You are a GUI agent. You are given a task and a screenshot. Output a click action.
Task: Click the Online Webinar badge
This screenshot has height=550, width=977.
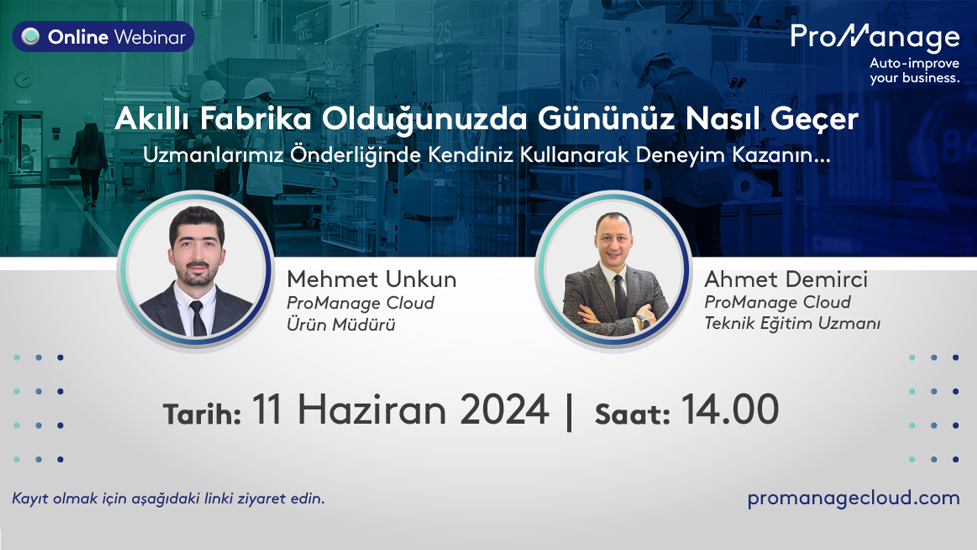pos(103,37)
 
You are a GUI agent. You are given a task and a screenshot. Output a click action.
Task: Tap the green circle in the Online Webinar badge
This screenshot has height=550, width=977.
pos(31,37)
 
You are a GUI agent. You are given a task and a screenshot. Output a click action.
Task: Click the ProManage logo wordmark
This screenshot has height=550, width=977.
pos(875,38)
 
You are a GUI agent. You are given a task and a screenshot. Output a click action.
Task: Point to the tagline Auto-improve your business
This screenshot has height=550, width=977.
pos(914,71)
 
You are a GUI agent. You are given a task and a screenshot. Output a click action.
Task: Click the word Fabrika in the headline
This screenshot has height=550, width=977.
pos(255,119)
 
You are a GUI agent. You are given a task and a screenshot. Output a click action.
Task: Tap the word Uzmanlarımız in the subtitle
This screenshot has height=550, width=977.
pos(213,155)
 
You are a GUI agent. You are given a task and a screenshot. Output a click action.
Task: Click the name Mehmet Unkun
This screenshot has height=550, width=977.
pos(372,279)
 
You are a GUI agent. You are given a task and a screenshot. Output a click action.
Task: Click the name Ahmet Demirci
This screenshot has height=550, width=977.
pos(786,279)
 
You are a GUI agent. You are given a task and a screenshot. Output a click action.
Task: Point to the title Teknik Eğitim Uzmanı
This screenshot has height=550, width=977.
pos(792,323)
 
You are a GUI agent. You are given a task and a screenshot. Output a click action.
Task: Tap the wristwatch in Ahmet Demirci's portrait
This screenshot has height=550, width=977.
pos(642,321)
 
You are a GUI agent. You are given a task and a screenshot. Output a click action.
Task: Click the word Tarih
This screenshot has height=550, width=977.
pos(202,414)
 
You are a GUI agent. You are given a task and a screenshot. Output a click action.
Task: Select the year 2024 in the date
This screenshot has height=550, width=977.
pos(504,410)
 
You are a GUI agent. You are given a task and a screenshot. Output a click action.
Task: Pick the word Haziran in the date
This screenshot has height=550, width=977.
pos(372,410)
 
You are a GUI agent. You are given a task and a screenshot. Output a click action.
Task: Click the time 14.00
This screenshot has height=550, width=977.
pos(730,410)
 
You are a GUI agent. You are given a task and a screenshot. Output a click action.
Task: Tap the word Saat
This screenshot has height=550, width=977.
pos(633,414)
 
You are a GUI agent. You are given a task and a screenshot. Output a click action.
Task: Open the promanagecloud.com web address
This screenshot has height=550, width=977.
pos(853,498)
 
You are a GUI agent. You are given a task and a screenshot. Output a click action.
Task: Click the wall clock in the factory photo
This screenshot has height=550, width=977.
pos(23,80)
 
